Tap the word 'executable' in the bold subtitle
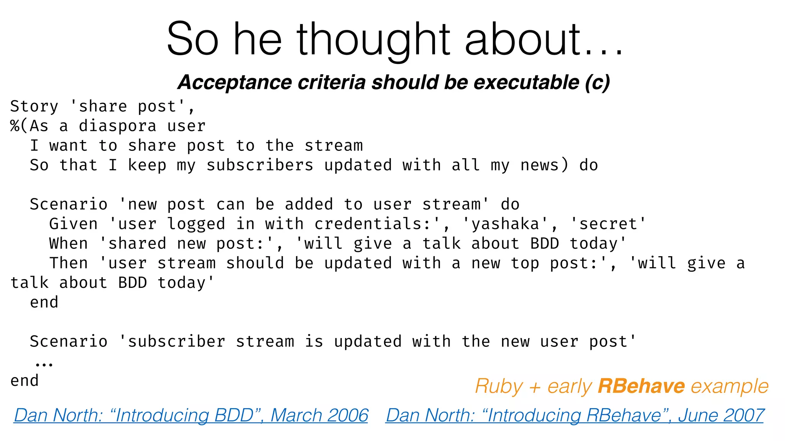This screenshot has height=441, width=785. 527,82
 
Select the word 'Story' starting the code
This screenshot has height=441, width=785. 34,106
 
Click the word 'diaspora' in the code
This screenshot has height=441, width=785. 117,126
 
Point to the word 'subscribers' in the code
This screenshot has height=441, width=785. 260,165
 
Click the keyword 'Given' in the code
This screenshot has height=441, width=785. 73,224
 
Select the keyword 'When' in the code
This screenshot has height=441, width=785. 68,243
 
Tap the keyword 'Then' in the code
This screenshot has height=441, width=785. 68,263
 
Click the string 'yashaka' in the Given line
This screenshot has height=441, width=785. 505,224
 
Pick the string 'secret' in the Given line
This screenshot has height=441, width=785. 608,224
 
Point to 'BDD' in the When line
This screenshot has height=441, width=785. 545,243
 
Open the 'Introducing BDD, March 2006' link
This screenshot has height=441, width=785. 191,415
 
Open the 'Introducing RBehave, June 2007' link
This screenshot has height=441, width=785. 575,415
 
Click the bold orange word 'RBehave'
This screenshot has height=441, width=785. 641,386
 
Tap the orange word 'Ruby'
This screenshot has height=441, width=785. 499,386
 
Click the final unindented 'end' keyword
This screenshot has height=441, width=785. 25,381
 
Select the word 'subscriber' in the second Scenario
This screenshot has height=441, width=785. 176,341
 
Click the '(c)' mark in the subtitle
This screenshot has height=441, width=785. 597,82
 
